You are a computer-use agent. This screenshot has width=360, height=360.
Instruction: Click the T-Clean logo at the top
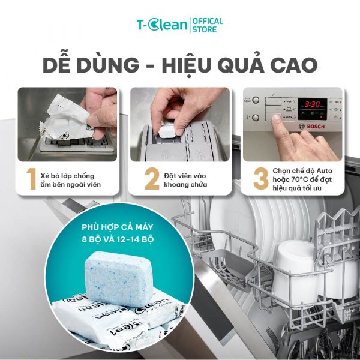(162, 25)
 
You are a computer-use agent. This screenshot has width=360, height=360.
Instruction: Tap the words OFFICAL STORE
(208, 25)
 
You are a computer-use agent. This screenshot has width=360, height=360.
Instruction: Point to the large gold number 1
(31, 179)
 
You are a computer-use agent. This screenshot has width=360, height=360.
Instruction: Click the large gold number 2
(152, 179)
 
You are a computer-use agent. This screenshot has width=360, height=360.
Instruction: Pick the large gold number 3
(261, 179)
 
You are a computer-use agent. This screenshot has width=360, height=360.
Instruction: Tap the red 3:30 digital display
(312, 104)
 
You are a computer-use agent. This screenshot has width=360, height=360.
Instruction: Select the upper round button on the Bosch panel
(256, 100)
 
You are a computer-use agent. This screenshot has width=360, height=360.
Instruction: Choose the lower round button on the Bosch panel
(256, 118)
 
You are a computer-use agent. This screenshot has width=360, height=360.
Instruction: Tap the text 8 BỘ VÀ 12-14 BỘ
(118, 239)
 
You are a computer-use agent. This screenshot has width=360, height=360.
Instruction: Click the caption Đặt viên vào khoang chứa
(185, 180)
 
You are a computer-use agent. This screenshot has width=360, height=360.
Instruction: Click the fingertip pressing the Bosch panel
(275, 118)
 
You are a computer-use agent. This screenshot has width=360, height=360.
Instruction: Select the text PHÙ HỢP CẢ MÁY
(118, 227)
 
